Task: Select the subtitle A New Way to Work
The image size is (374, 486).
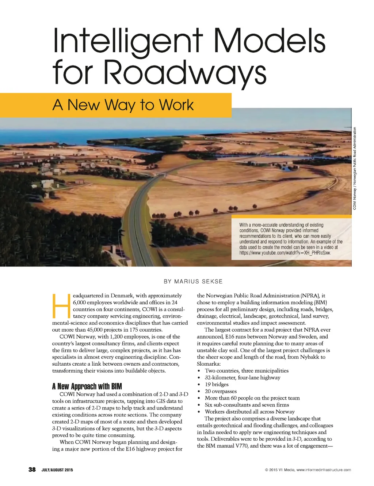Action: coord(123,105)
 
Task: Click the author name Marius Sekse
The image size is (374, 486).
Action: coord(193,281)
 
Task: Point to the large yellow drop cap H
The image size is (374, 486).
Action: coord(61,305)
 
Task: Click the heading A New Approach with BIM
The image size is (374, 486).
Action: coord(87,386)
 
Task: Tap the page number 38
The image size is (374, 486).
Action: coord(32,470)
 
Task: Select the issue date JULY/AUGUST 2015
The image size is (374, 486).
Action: coord(57,470)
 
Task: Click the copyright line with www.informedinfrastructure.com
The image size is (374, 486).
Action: coord(308,470)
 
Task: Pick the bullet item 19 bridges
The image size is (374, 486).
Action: coord(217,384)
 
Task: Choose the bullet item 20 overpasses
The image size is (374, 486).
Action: coord(221,391)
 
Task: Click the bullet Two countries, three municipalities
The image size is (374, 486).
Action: coord(247,371)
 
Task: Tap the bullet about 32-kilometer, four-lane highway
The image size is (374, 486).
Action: coord(243,377)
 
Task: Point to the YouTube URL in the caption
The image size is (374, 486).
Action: coord(285,253)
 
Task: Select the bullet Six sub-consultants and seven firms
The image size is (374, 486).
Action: coord(247,405)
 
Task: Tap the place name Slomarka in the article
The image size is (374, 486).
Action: coord(208,364)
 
